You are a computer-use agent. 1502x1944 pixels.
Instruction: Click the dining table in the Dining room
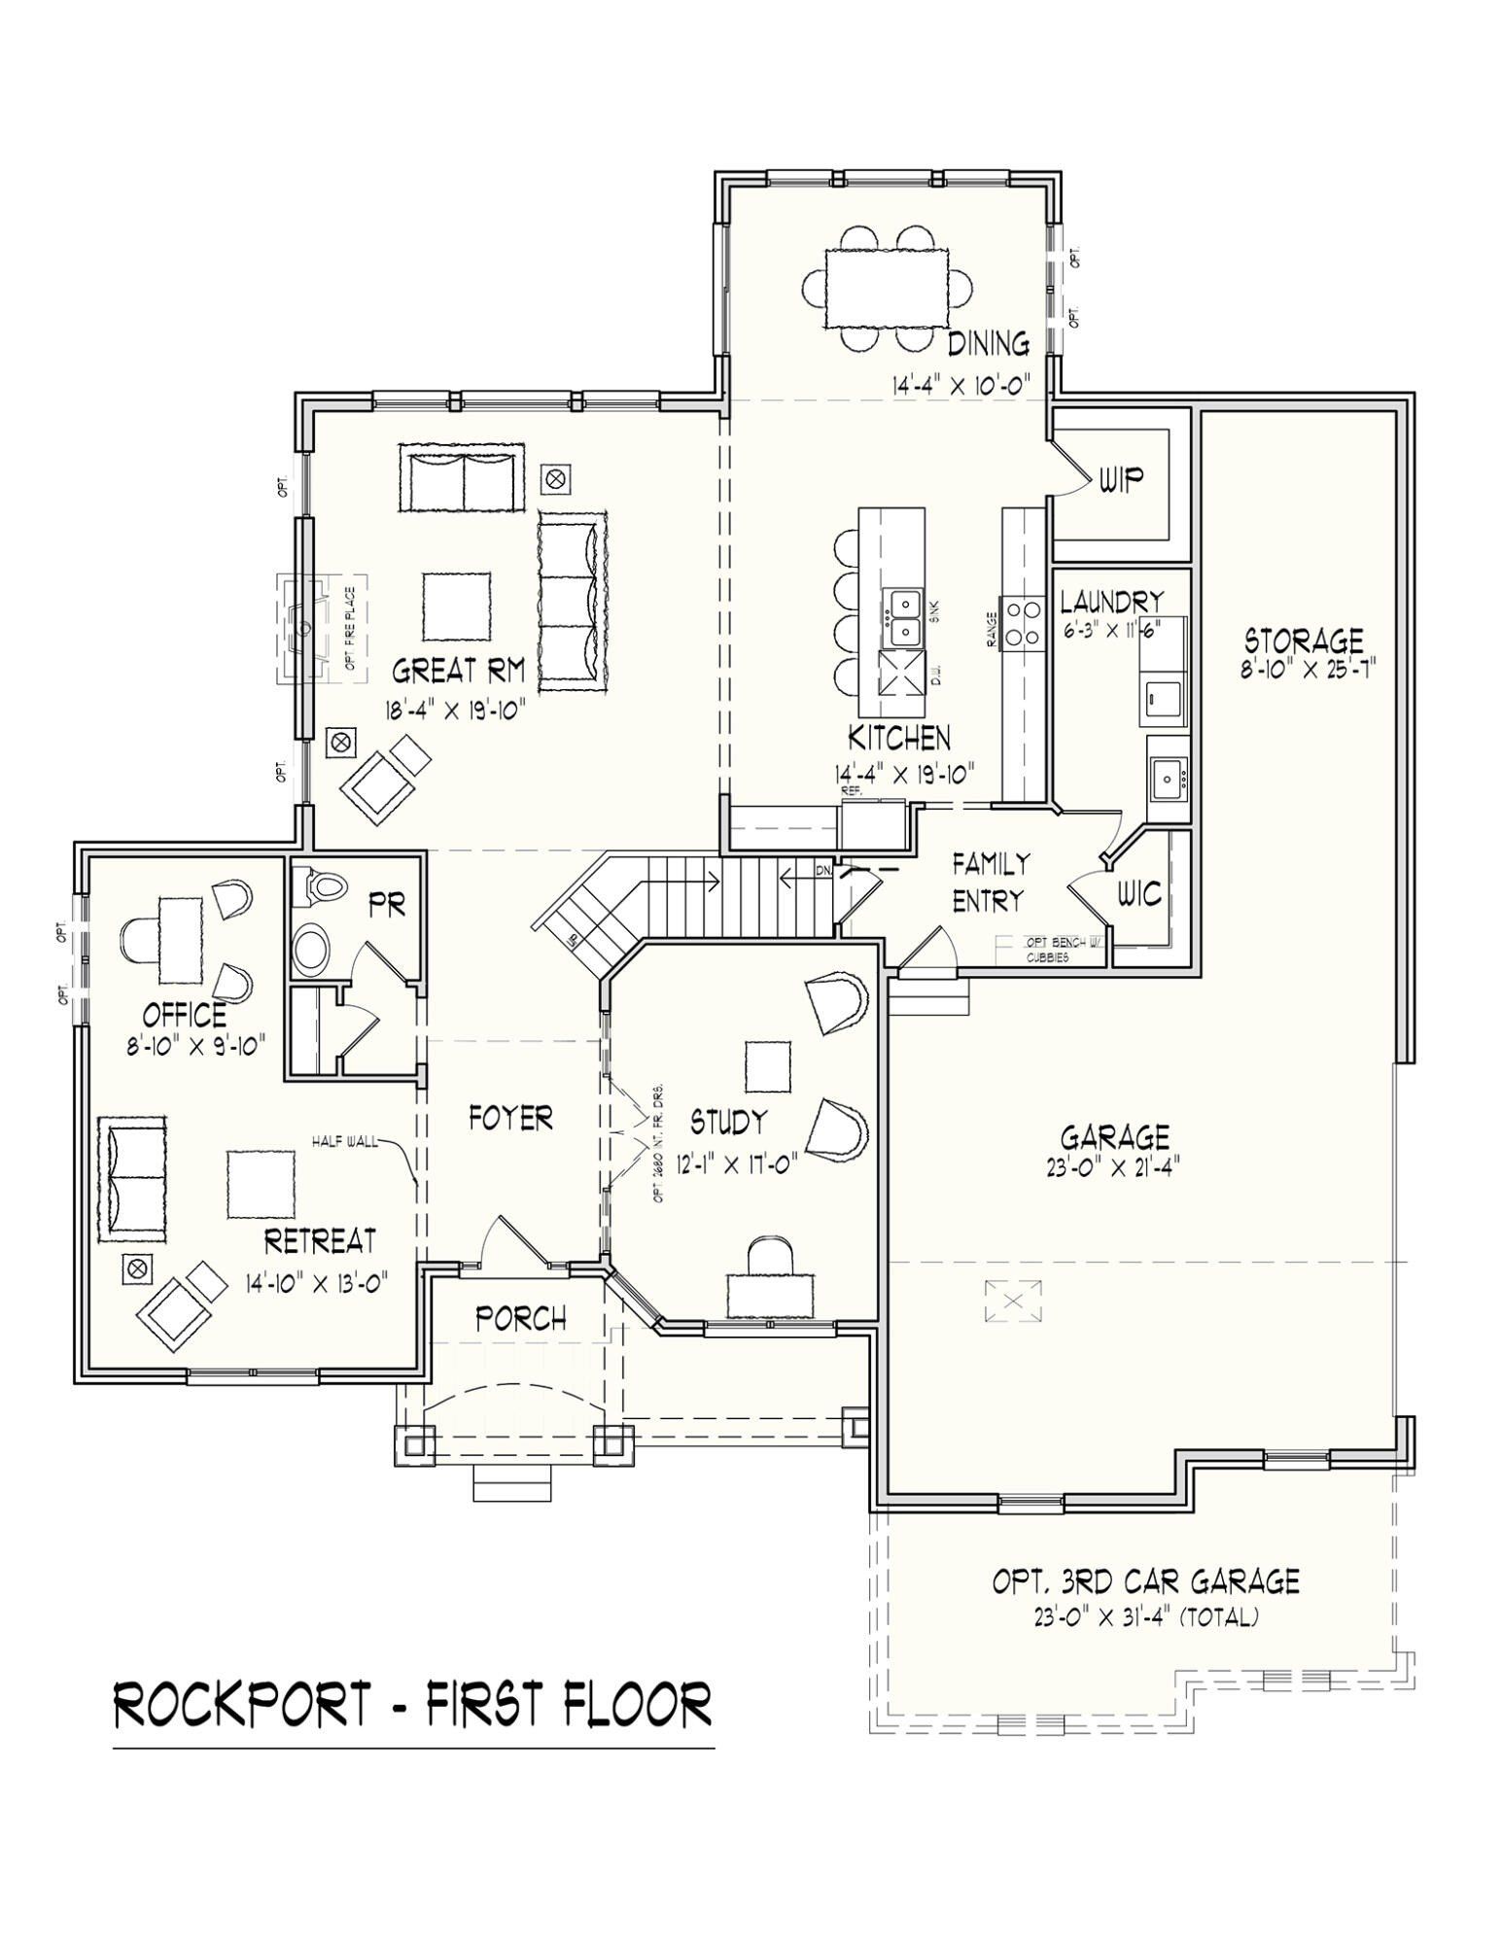(x=887, y=289)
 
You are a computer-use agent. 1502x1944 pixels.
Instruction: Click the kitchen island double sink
(x=902, y=618)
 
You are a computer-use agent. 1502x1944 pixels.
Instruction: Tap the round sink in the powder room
(x=313, y=949)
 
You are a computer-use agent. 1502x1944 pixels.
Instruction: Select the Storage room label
(x=1304, y=641)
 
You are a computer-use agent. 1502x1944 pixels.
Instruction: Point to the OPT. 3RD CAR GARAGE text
(x=1145, y=1581)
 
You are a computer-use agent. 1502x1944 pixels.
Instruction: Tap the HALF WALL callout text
(x=344, y=1141)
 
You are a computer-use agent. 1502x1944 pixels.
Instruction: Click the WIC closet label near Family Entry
(x=1138, y=893)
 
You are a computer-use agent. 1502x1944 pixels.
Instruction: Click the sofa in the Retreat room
(x=132, y=1176)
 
